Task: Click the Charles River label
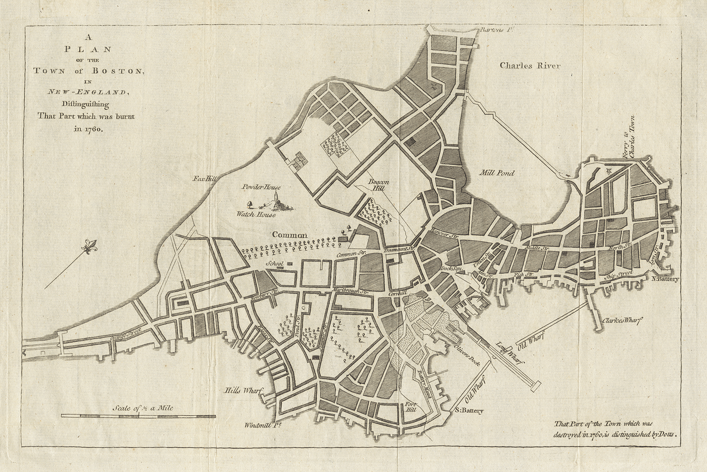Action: click(530, 66)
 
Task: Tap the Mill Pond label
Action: click(497, 173)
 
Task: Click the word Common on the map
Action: click(290, 235)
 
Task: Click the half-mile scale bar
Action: click(138, 416)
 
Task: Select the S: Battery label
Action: click(470, 411)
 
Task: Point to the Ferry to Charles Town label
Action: click(628, 137)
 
